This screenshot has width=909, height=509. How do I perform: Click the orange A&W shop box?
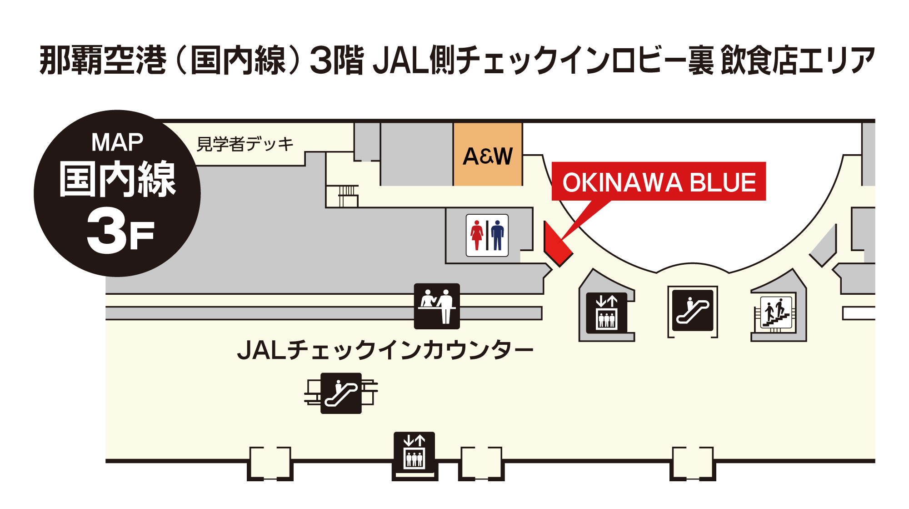488,155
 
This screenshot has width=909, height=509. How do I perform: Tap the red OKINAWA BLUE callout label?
659,182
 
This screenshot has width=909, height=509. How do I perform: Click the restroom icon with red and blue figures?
487,235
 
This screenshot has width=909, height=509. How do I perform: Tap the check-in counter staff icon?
437,306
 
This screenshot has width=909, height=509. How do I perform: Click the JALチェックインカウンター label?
385,350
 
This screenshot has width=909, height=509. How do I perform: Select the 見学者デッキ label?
245,144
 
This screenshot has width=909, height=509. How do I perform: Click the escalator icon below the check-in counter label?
341,393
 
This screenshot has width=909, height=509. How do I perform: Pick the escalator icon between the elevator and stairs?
692,310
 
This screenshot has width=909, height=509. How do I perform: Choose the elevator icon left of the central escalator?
606,312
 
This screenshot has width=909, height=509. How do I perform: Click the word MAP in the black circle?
117,142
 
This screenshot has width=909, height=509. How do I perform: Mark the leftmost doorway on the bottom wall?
270,463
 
